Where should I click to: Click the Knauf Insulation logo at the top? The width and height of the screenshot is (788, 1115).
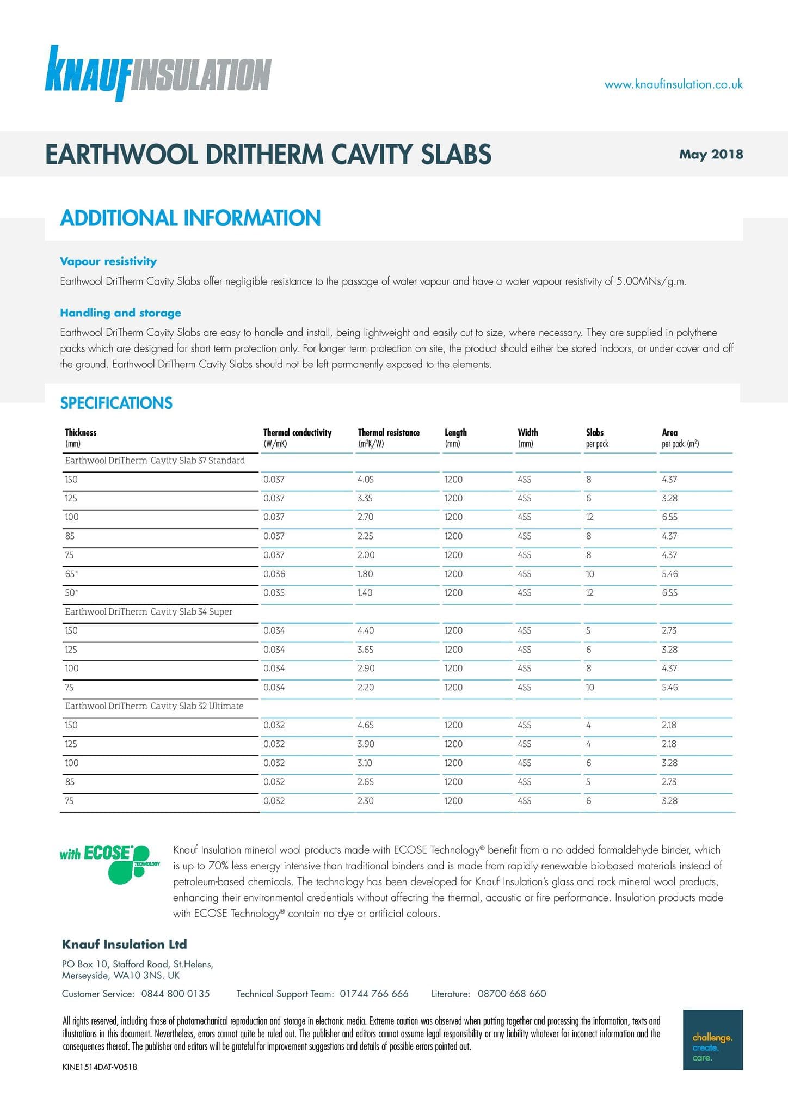(x=158, y=74)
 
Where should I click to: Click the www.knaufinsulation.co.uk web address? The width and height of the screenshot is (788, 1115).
(x=673, y=84)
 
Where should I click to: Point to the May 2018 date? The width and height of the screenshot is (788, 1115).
(x=711, y=154)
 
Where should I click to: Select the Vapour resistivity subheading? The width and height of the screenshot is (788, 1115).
(x=108, y=261)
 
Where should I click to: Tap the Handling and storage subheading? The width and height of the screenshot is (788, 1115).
(x=120, y=313)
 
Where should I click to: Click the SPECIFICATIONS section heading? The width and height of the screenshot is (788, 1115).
(x=116, y=403)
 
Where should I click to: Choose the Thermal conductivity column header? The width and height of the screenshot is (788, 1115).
(x=297, y=437)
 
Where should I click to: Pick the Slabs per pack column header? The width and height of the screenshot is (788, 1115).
(x=597, y=437)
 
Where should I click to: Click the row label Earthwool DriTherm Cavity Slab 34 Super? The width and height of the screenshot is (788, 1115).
(x=149, y=611)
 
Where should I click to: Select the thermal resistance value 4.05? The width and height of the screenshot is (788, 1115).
(x=365, y=479)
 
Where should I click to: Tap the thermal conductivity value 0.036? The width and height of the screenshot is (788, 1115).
(x=274, y=574)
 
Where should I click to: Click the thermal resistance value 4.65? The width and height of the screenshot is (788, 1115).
(x=365, y=725)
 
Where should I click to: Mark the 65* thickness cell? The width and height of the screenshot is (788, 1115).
(x=71, y=574)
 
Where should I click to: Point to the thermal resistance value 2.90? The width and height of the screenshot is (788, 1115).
(x=366, y=668)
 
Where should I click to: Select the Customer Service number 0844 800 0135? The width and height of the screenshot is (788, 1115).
(x=175, y=994)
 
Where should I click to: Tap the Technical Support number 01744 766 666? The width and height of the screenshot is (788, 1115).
(x=374, y=994)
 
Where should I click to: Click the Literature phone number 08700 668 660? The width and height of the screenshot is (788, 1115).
(x=512, y=994)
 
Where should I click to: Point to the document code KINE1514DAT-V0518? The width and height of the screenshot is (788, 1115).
(x=100, y=1067)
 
